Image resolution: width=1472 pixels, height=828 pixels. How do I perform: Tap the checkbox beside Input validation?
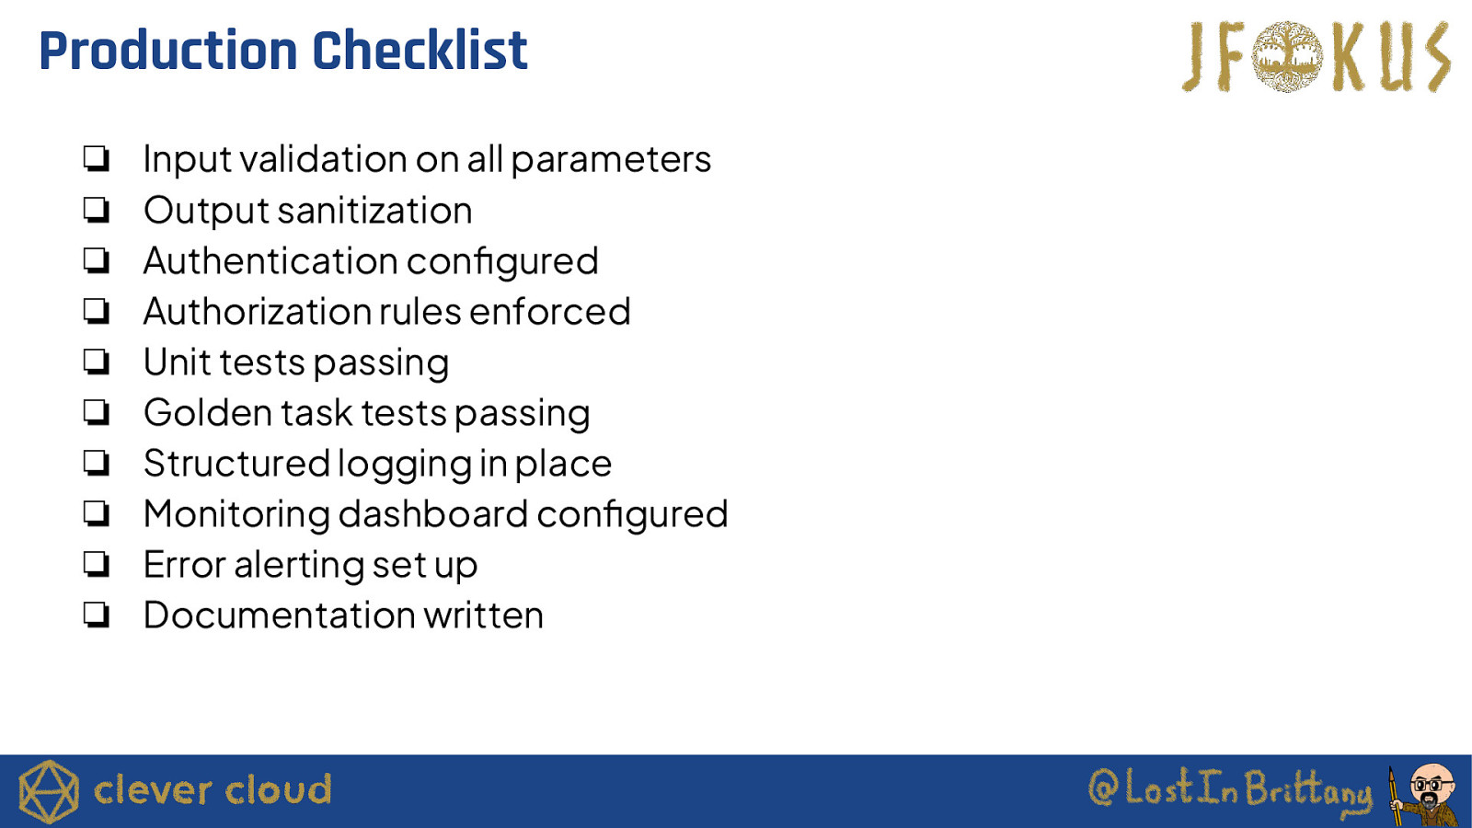click(97, 159)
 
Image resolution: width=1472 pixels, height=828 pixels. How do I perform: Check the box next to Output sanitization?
click(97, 210)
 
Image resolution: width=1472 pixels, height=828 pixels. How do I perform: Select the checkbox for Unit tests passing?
click(97, 362)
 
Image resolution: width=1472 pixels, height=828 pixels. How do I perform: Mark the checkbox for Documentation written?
click(97, 615)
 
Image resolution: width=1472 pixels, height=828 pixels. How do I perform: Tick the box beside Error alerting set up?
click(97, 564)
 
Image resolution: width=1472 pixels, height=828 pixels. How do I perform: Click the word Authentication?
click(270, 261)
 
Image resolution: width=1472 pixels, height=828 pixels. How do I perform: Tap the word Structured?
click(236, 464)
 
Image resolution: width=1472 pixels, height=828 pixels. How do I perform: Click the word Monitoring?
click(236, 514)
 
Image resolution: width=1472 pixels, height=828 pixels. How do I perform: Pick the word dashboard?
click(433, 514)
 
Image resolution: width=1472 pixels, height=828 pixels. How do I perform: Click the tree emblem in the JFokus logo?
click(1287, 56)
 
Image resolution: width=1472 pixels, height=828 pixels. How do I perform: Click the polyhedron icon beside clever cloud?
click(49, 792)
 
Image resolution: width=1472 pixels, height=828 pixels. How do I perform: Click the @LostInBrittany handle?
click(1229, 790)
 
